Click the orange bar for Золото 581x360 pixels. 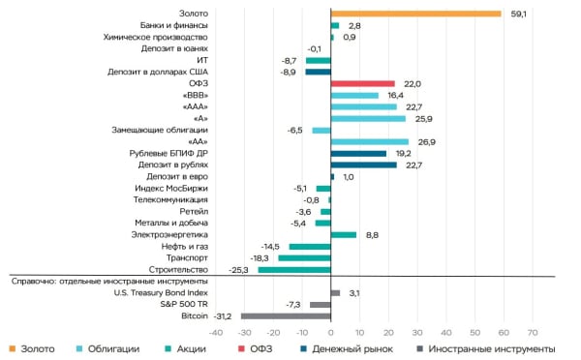click(415, 14)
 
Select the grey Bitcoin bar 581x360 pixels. click(286, 315)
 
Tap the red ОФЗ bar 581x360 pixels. click(362, 83)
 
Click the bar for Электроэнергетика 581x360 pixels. click(344, 234)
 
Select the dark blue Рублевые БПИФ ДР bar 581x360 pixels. click(358, 153)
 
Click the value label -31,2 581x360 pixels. click(223, 315)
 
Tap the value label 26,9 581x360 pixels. click(425, 141)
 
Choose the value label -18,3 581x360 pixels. click(260, 257)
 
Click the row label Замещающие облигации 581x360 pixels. click(166, 130)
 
